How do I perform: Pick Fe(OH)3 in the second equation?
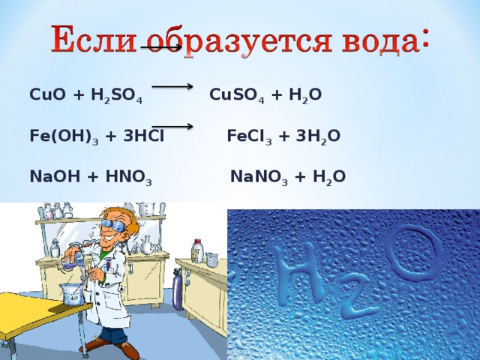click(x=59, y=136)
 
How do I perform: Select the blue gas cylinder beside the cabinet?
click(x=178, y=286)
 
